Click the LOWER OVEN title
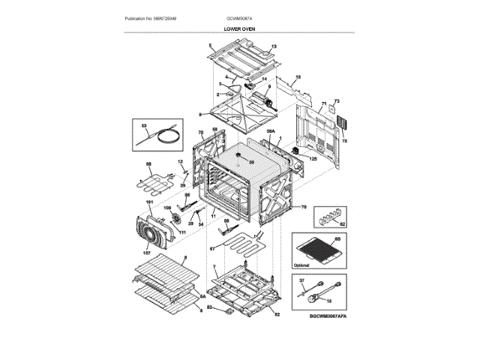[x=239, y=28]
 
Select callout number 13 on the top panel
[x=274, y=47]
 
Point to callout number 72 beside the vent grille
[x=345, y=141]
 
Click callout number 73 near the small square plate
[x=337, y=101]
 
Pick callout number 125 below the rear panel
[x=313, y=159]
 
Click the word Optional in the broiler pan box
[x=301, y=265]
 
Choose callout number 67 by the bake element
[x=212, y=247]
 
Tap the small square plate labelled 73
[x=327, y=109]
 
